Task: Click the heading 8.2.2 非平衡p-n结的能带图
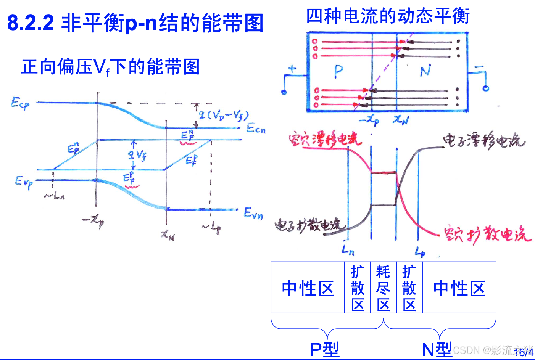click(135, 23)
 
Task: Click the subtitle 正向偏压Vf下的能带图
click(110, 67)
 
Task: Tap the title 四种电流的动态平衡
click(388, 16)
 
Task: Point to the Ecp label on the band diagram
click(20, 103)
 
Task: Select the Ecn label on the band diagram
click(256, 129)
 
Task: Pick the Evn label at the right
click(253, 213)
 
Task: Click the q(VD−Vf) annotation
click(223, 115)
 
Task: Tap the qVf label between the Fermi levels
click(137, 154)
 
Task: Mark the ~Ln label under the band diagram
click(55, 196)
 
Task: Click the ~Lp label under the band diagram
click(212, 227)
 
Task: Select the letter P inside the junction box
click(338, 71)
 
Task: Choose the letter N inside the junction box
click(425, 71)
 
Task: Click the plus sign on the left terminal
click(292, 69)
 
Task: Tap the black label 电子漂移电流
click(483, 141)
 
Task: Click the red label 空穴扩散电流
click(487, 234)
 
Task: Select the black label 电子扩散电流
click(309, 226)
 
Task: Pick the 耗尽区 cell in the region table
click(383, 288)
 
